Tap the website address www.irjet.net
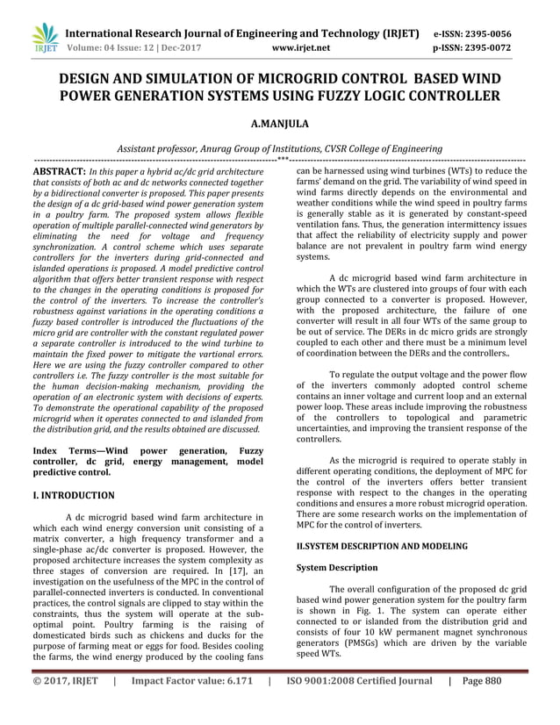click(301, 47)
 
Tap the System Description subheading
click(337, 567)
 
